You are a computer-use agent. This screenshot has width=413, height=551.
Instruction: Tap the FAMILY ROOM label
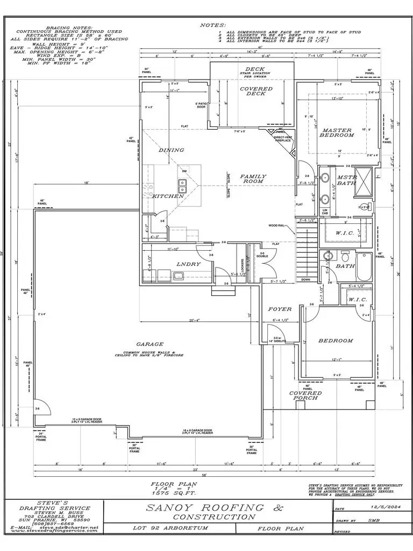coord(252,179)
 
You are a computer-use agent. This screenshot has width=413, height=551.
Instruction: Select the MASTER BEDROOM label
coord(337,132)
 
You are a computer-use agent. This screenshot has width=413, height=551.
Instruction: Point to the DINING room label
coord(172,150)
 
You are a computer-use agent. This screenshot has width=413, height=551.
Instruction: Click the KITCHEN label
coord(168,196)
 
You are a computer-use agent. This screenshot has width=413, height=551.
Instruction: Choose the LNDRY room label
coord(188,264)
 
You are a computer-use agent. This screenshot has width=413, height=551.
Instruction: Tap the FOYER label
coord(280,309)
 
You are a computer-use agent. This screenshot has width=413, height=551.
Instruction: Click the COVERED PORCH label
coord(305,395)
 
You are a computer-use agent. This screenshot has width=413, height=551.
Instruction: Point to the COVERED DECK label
coord(256,91)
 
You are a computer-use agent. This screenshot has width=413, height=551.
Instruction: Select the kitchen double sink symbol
coord(182,186)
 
